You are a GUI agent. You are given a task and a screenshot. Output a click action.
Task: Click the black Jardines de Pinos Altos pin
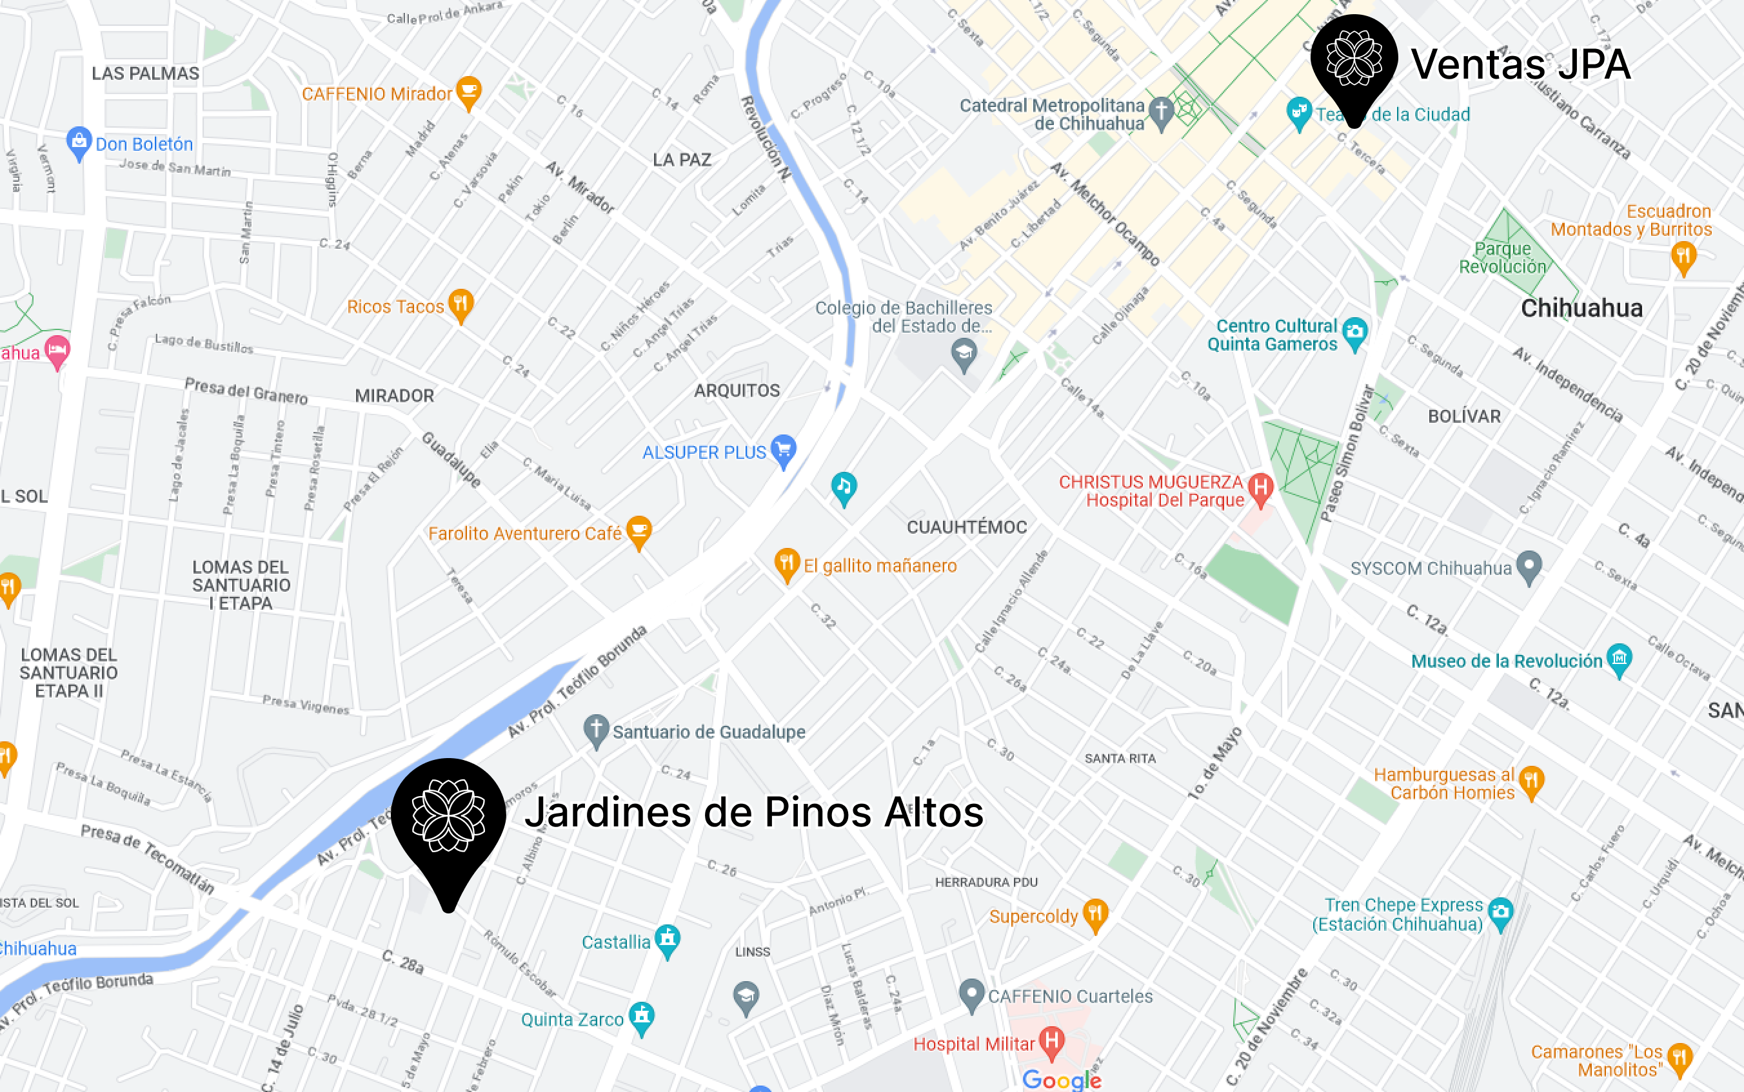[x=448, y=816]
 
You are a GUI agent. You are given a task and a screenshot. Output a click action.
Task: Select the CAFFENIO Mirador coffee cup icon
[x=469, y=92]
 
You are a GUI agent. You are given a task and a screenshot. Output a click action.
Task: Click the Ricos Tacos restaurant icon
[x=461, y=304]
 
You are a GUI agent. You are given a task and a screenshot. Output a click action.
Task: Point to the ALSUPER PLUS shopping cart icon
[x=783, y=449]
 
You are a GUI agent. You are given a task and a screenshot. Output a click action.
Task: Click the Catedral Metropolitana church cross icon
[x=1161, y=113]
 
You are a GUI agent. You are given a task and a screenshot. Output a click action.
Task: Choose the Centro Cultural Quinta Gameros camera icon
[x=1354, y=332]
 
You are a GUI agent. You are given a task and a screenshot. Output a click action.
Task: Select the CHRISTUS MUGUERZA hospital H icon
[x=1261, y=487]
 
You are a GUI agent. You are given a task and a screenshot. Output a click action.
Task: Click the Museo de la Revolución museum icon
[x=1619, y=659]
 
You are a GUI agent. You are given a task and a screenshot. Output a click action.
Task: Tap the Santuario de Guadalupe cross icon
[x=596, y=730]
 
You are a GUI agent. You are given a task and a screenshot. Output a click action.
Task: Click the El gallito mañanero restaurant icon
[x=787, y=563]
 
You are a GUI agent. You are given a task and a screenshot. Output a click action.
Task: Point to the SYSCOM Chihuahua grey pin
[x=1529, y=565]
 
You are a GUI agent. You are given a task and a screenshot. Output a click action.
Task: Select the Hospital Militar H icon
[x=1052, y=1042]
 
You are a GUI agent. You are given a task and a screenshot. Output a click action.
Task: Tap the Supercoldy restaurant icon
[x=1095, y=913]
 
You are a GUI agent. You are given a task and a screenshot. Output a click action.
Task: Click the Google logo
[x=1061, y=1080]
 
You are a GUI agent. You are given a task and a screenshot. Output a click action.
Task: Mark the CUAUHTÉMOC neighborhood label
[x=967, y=527]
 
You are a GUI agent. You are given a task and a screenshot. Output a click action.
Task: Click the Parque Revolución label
[x=1503, y=258]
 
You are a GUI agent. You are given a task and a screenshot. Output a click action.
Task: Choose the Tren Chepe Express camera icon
[x=1501, y=912]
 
